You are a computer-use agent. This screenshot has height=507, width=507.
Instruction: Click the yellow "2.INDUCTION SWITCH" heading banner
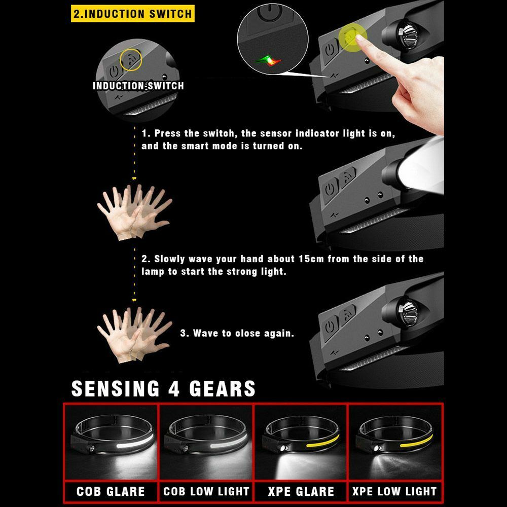pos(133,13)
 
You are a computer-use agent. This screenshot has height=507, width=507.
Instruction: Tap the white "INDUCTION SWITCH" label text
pos(138,86)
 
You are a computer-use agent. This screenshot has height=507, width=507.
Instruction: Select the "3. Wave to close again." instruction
pos(237,334)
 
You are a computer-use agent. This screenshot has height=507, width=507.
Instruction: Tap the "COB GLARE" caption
pos(111,491)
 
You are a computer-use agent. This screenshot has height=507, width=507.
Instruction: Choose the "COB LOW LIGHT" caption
pos(206,491)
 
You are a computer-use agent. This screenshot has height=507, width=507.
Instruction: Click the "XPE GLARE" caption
pos(301,491)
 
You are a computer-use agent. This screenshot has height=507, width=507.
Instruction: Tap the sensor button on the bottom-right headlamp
pos(348,314)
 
